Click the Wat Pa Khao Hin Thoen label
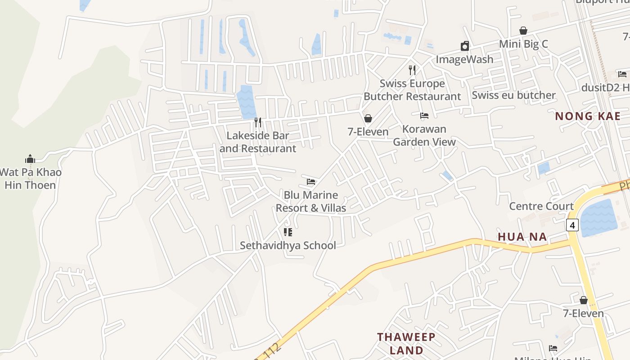click(31, 179)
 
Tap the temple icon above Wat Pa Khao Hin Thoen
click(30, 159)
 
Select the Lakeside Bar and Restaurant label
click(258, 142)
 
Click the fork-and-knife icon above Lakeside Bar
click(258, 122)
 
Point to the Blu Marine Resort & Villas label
click(310, 201)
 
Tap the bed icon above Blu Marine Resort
click(311, 182)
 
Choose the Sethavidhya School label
click(288, 245)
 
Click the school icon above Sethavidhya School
click(288, 232)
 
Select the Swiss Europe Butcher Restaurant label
click(412, 90)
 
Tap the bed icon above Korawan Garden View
click(424, 116)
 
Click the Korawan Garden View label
click(424, 135)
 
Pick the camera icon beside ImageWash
click(465, 46)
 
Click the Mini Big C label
click(523, 44)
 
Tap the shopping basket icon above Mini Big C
click(523, 31)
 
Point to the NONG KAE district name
click(587, 116)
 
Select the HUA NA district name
click(522, 237)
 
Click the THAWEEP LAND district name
click(406, 343)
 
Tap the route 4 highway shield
click(572, 225)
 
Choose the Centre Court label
click(541, 206)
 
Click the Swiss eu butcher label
click(513, 95)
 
